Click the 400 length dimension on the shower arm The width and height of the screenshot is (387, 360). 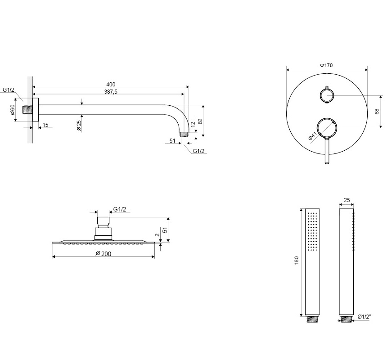pos(111,85)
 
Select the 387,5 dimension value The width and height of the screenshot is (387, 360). pos(111,92)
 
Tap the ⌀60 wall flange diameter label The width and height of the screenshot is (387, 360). pos(13,110)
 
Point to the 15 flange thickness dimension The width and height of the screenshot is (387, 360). pos(45,125)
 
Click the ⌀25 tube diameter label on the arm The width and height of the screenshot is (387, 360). pos(79,126)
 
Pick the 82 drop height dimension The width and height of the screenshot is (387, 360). pos(200,121)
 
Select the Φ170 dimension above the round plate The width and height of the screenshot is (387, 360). pos(326,65)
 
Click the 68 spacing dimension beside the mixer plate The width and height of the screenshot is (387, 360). pos(377,112)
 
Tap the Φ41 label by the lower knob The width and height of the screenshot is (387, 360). pos(312,136)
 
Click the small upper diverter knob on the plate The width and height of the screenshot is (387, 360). pos(327,95)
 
